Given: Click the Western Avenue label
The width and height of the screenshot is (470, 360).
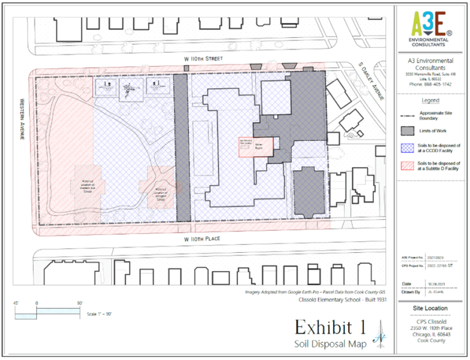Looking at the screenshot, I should click(x=21, y=120).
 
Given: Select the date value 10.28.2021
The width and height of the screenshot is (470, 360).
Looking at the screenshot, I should click(x=435, y=283).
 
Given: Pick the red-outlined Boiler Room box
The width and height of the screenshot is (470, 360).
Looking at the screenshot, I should click(x=253, y=147).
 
